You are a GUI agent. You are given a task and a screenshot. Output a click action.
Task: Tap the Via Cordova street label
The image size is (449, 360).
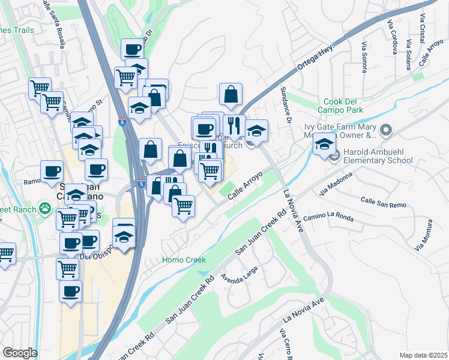(x=393, y=37)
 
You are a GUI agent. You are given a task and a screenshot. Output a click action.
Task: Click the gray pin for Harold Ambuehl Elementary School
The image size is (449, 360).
(x=335, y=155)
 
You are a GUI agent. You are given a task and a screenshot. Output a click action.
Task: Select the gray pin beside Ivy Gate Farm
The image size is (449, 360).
(x=385, y=130)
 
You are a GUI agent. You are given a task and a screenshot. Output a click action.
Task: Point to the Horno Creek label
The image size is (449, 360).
(x=184, y=260)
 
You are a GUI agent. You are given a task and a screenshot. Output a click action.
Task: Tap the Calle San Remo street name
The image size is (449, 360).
(x=383, y=202)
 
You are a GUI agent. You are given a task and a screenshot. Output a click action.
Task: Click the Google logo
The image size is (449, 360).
(x=20, y=353)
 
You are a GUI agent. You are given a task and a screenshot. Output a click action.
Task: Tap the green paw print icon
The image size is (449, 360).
(x=45, y=208)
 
